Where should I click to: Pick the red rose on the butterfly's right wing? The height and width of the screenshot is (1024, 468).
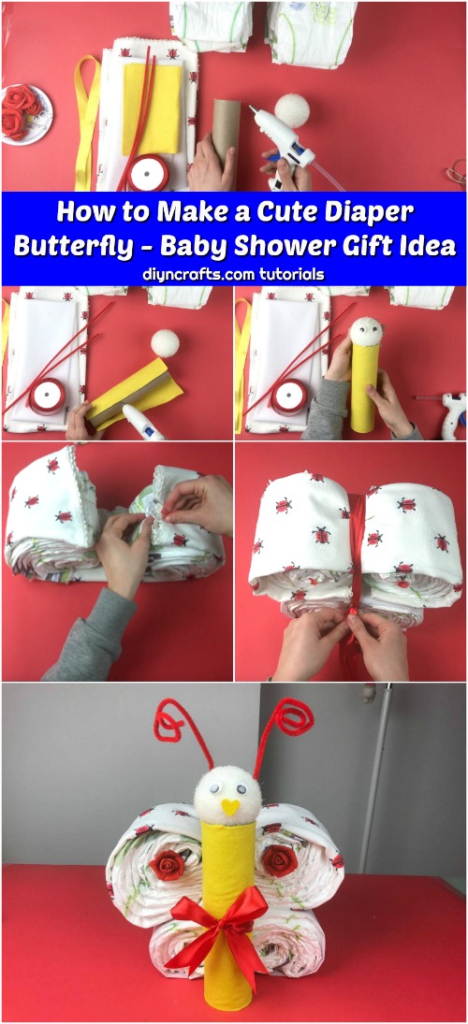click(280, 860)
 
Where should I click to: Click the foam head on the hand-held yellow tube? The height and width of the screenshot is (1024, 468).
click(366, 332)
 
